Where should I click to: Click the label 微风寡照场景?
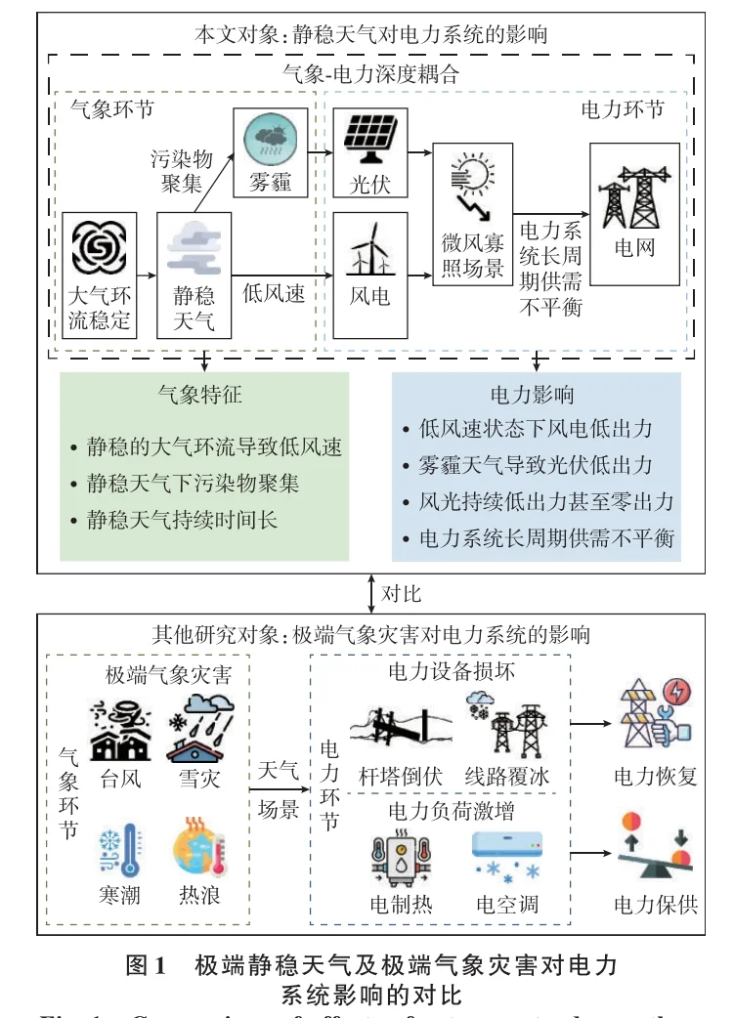473,255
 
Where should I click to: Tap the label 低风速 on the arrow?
275,292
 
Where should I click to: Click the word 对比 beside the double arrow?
402,592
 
